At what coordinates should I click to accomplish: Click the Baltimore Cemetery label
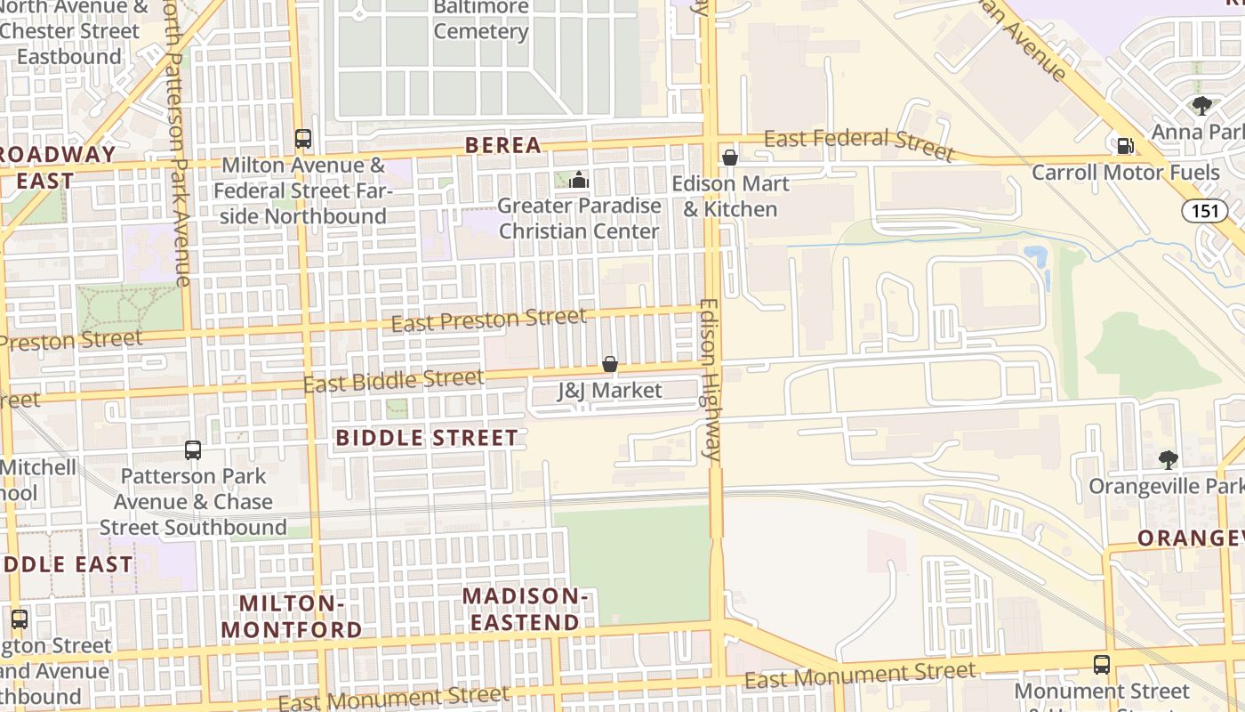coord(481,20)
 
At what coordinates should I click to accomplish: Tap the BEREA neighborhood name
coord(503,145)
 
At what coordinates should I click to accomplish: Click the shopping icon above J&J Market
coord(610,364)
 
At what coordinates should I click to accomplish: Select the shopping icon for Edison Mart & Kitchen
coord(730,158)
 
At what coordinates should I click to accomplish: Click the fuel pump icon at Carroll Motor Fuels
coord(1125,145)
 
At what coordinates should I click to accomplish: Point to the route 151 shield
coord(1204,211)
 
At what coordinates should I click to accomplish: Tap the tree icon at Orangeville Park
coord(1169,460)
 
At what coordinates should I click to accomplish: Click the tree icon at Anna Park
coord(1202,106)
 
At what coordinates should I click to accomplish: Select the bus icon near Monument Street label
coord(1102,664)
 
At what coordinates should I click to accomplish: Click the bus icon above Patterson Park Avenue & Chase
coord(193,450)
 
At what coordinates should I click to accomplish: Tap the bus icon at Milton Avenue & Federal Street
coord(303,139)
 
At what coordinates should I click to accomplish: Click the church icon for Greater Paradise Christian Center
coord(579,181)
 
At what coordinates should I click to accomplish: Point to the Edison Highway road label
coord(710,378)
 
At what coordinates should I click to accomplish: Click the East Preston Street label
coord(489,320)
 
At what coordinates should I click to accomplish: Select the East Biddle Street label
coord(394,381)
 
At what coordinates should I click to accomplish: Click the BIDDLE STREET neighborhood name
coord(427,438)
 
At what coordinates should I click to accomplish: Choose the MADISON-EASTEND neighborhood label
coord(526,609)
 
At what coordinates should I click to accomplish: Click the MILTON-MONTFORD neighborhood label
coord(292,616)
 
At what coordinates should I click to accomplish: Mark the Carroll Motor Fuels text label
coord(1126,172)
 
